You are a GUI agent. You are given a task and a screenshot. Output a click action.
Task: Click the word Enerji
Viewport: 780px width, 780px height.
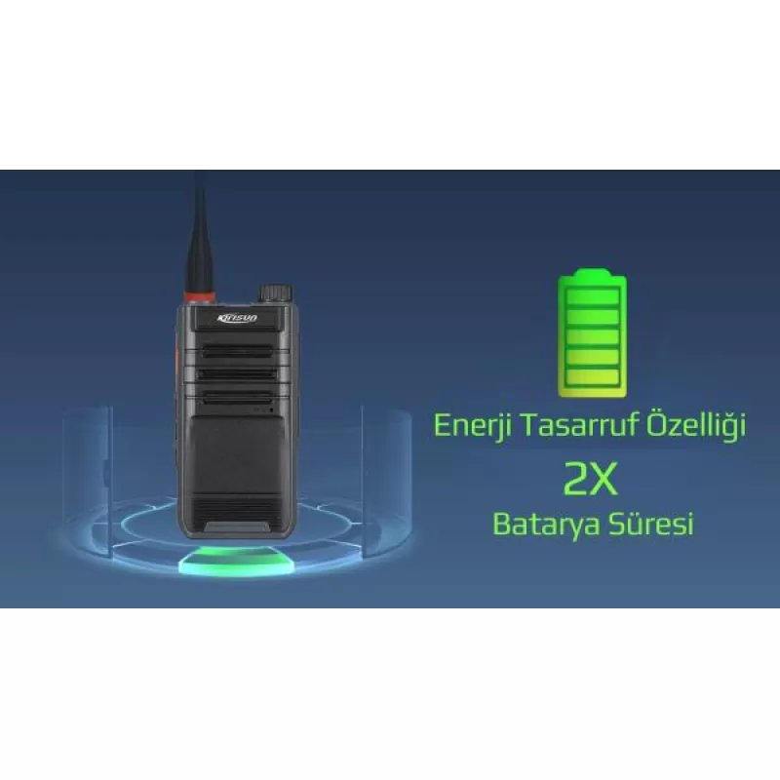click(x=472, y=426)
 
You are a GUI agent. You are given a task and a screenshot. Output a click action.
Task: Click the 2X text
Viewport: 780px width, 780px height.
click(x=591, y=478)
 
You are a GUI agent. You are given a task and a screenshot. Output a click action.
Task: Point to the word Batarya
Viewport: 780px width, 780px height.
click(x=547, y=525)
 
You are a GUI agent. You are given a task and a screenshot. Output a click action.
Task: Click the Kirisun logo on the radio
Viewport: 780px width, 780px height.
click(x=237, y=318)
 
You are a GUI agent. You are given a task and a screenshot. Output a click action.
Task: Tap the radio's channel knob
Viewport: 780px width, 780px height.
click(x=275, y=293)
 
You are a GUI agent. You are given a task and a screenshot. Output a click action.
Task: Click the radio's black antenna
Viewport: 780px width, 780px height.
click(x=200, y=234)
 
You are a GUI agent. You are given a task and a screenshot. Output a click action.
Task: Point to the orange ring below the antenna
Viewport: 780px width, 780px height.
click(x=200, y=297)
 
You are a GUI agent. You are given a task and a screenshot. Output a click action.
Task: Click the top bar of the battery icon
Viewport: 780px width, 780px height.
click(x=593, y=297)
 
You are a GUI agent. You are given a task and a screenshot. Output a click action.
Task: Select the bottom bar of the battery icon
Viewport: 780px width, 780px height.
click(x=593, y=377)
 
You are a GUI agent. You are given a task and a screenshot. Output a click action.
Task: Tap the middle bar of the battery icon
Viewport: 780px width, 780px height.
click(x=593, y=336)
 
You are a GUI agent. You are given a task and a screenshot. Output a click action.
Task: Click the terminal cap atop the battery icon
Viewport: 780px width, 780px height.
click(x=592, y=273)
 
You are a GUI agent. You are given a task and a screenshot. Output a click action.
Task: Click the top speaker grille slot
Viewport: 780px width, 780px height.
click(x=237, y=351)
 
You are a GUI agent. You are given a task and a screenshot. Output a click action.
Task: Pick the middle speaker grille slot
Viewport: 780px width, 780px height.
click(x=237, y=373)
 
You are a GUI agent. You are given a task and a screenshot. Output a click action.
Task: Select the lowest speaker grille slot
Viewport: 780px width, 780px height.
click(x=237, y=398)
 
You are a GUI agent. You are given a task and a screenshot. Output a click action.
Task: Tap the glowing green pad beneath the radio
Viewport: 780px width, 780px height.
click(x=237, y=563)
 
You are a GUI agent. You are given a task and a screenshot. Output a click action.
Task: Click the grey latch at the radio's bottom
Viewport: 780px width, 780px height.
click(x=237, y=526)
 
